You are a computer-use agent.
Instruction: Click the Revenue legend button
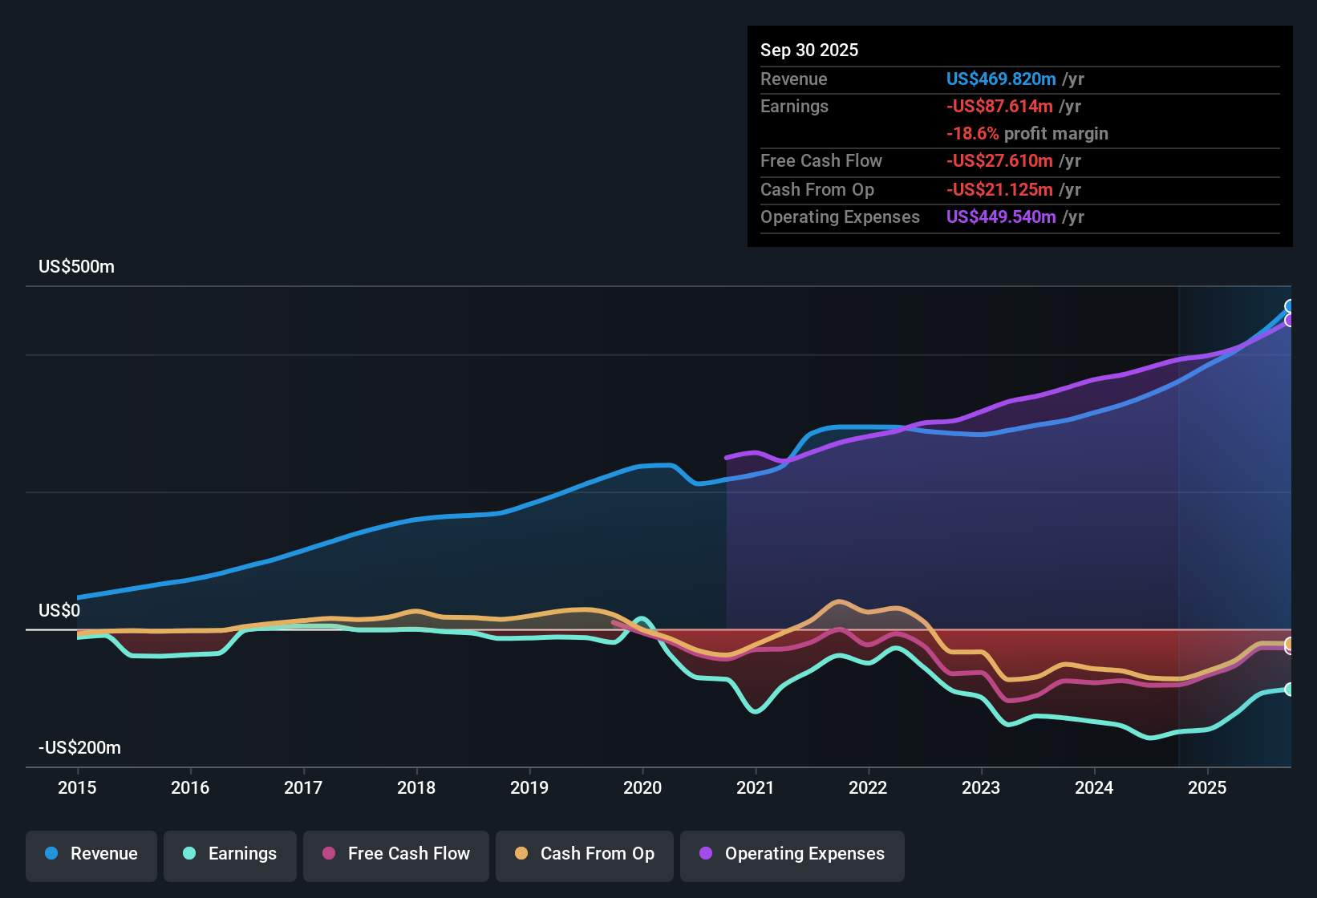click(91, 854)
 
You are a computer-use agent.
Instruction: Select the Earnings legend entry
click(230, 854)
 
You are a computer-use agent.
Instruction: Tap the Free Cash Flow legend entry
click(396, 854)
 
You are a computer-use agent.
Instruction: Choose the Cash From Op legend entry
click(585, 854)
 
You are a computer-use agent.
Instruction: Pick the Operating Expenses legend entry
click(792, 854)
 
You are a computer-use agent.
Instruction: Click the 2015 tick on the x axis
click(77, 787)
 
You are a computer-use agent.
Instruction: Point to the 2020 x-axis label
click(642, 787)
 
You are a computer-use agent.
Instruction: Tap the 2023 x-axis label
click(981, 787)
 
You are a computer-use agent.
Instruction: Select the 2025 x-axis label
click(1207, 787)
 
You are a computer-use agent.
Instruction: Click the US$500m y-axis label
click(76, 267)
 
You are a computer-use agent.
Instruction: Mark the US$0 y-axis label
click(59, 611)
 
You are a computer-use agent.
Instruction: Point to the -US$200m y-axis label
click(79, 748)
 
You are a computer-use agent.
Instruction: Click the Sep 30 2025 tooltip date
click(809, 51)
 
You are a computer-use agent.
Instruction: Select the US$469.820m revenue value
click(1001, 79)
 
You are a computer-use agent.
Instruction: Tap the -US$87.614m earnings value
click(999, 107)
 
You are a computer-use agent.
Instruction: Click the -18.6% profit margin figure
click(972, 134)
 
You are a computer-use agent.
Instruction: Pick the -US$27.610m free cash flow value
click(999, 161)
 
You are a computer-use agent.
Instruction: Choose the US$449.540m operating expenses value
click(1001, 217)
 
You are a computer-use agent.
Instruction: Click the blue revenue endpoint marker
click(1290, 306)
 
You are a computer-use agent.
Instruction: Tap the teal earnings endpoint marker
click(1290, 690)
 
